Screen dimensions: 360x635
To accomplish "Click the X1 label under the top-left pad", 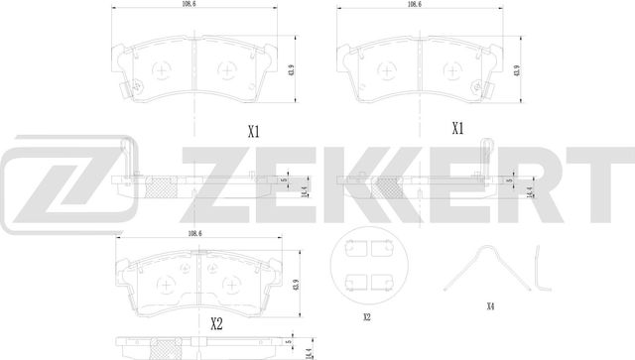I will point(253,130).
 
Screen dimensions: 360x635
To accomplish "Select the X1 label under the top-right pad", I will point(457,128).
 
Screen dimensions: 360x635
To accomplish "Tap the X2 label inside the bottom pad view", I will point(215,321).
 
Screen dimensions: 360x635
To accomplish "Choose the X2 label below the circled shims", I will point(366,316).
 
